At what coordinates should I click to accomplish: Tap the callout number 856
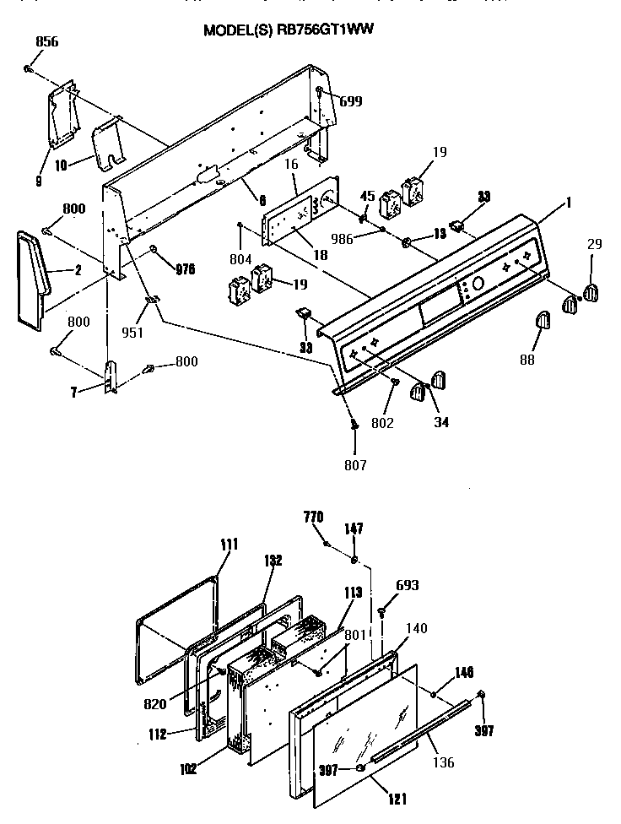click(47, 41)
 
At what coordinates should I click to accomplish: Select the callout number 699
click(351, 101)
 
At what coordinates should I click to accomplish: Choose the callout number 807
click(355, 463)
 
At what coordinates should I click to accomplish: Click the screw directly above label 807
click(355, 426)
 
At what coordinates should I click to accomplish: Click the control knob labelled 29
click(590, 291)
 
